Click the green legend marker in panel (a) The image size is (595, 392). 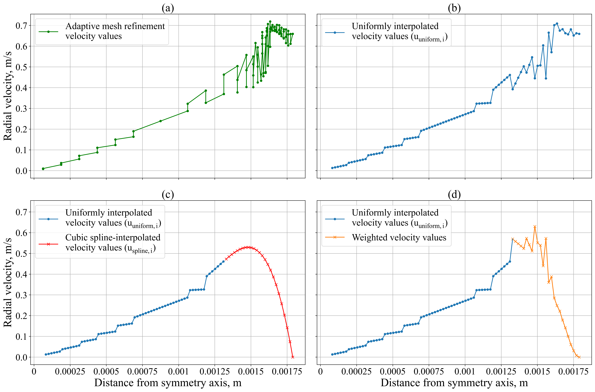click(49, 32)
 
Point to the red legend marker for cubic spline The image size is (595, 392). click(49, 244)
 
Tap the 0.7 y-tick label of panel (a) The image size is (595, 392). click(22, 25)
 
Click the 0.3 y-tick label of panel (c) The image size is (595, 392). click(22, 295)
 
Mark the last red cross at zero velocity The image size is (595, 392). click(293, 357)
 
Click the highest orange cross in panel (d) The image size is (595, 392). click(535, 227)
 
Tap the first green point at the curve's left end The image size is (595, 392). click(43, 169)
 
